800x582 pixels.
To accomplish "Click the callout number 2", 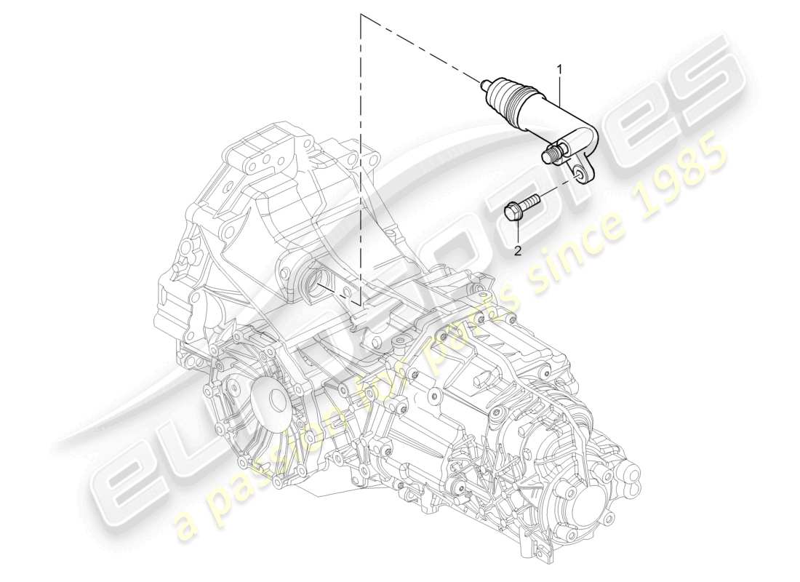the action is point(518,251).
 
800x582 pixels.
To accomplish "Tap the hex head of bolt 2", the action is point(513,212).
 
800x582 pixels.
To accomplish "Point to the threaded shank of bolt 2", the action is point(530,199).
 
